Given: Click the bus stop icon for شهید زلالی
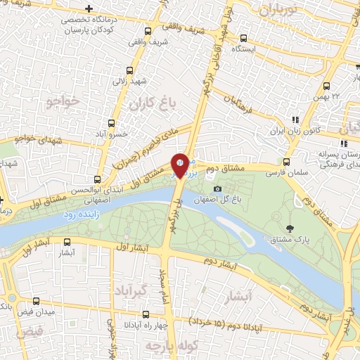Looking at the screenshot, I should click(x=129, y=70).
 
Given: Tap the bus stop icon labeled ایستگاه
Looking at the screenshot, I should click(x=243, y=39).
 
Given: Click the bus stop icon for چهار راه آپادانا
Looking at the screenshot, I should click(x=146, y=315).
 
